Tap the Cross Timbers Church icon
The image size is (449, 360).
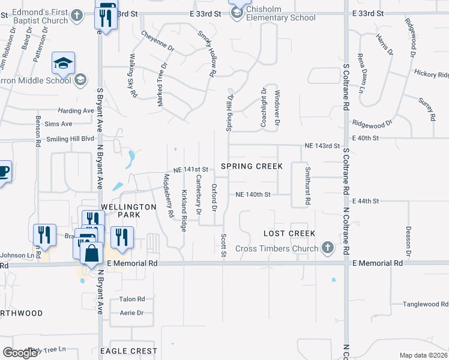coord(328,247)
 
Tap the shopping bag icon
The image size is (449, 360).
coord(91,254)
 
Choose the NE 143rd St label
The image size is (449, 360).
coord(322,146)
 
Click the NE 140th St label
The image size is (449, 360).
coord(253,194)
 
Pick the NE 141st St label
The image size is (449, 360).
coord(190,170)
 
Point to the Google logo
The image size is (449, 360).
coord(20,352)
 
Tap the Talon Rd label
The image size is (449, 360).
coord(132,299)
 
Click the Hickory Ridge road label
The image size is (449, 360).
coord(431,75)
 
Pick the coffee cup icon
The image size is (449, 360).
coord(3,172)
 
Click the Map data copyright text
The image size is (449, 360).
coord(423,355)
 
